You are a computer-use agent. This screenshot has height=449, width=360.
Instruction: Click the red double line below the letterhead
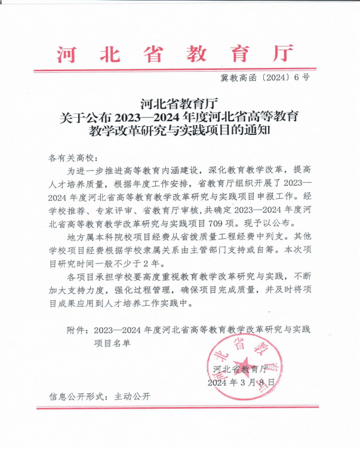(x=179, y=70)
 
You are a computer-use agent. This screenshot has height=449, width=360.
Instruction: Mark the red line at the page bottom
(x=179, y=408)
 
